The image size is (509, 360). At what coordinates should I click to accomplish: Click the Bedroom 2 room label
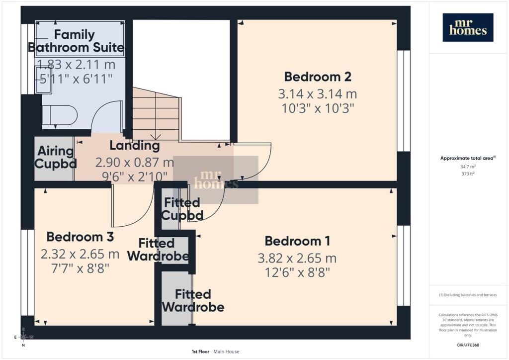point(318,77)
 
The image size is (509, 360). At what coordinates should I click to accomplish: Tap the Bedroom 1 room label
point(297,241)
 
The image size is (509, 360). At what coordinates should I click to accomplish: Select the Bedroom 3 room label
point(80,237)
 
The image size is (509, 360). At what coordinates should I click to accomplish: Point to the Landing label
point(134,145)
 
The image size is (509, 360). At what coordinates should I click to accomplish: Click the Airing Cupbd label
point(55,158)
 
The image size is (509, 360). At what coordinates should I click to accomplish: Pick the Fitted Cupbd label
point(182,209)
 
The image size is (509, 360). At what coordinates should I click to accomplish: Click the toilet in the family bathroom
point(60,115)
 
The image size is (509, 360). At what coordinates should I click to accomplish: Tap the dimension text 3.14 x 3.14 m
point(318,94)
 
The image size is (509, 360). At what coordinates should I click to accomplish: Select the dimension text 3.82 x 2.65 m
point(297,259)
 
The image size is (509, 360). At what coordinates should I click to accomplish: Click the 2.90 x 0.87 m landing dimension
point(134,162)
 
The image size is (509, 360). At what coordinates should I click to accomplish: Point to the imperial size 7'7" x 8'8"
point(80,269)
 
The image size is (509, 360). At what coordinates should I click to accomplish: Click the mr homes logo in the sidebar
point(468,27)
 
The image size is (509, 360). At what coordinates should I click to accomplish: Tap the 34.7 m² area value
point(468,167)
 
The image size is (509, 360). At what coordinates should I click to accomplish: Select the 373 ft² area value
point(468,174)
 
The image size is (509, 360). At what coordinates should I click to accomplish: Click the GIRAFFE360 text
point(468,345)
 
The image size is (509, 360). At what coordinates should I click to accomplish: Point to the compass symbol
point(23,337)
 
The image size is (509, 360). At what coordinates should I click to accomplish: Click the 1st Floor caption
point(201,352)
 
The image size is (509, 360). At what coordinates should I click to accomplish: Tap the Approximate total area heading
point(468,158)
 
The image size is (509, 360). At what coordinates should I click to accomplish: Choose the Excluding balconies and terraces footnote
point(468,295)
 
